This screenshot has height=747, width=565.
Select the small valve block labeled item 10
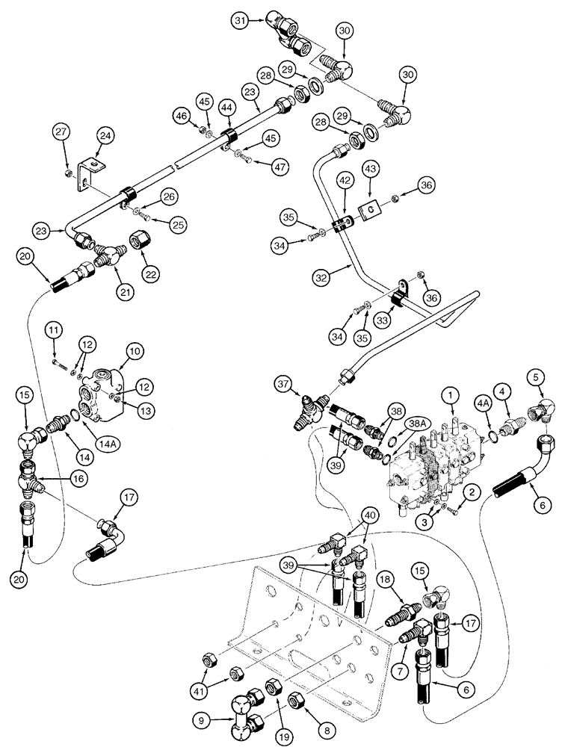105,383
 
